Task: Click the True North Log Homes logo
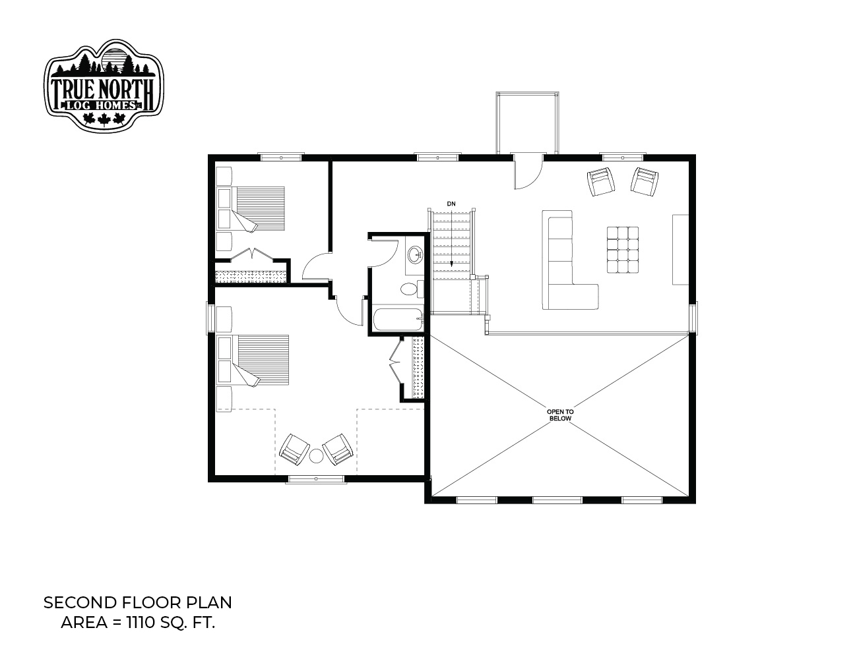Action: pyautogui.click(x=104, y=85)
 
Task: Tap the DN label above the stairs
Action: pyautogui.click(x=451, y=204)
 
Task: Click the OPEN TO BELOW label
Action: pyautogui.click(x=560, y=415)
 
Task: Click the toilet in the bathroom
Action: pyautogui.click(x=412, y=289)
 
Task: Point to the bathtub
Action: pyautogui.click(x=398, y=320)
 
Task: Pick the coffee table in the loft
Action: pyautogui.click(x=623, y=250)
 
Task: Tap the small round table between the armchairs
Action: pyautogui.click(x=316, y=456)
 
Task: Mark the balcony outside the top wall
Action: pyautogui.click(x=527, y=123)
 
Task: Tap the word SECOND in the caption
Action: pyautogui.click(x=80, y=603)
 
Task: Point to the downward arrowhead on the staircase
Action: pyautogui.click(x=451, y=264)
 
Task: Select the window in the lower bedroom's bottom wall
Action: pyautogui.click(x=315, y=479)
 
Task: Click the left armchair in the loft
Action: pyautogui.click(x=601, y=181)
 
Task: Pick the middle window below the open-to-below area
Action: pyautogui.click(x=557, y=500)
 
